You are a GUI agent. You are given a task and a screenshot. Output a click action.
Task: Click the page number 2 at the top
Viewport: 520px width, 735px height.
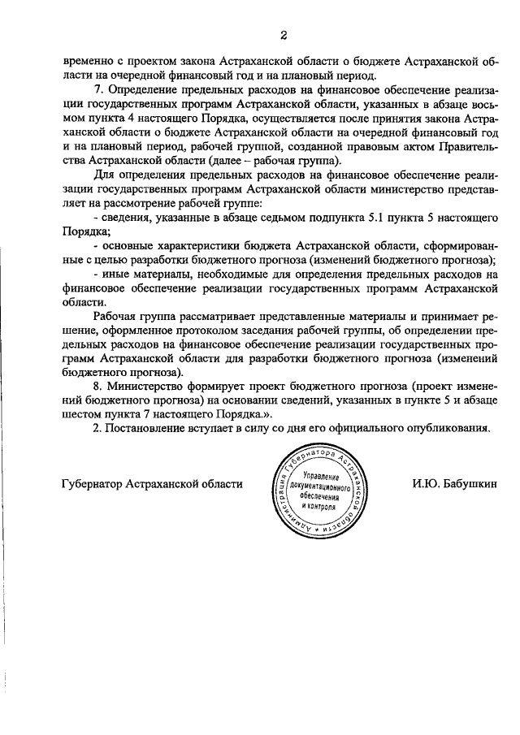[284, 34]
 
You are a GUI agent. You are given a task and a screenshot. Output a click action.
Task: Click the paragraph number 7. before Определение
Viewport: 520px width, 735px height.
[97, 88]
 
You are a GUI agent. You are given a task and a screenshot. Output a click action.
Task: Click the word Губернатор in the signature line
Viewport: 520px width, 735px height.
[93, 484]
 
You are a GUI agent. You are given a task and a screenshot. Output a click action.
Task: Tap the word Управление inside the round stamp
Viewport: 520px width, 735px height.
[321, 475]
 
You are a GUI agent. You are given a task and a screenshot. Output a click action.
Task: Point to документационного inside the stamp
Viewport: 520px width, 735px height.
[319, 485]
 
